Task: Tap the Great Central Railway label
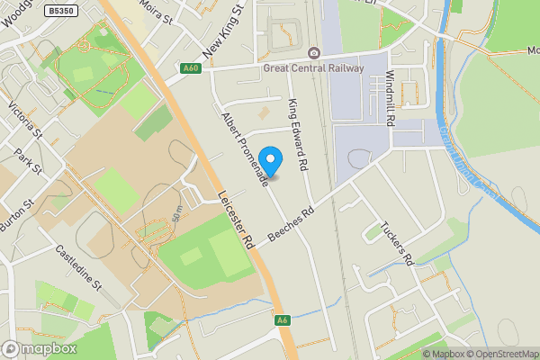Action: point(314,67)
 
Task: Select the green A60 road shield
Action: point(189,67)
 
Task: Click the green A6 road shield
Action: point(283,320)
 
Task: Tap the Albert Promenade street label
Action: point(244,149)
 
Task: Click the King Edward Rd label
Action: point(298,135)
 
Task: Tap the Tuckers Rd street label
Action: point(396,243)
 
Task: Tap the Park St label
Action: point(37,168)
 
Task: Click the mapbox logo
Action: point(40,348)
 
